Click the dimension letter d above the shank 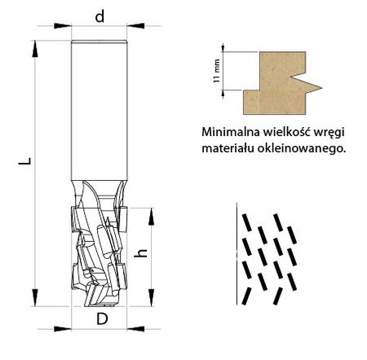99,17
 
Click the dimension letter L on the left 24,161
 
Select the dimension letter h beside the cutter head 140,253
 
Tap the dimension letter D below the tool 102,319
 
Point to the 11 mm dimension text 217,71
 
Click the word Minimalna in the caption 230,132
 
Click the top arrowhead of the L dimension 34,49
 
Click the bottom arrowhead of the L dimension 34,297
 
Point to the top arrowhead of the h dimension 151,217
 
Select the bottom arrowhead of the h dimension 151,298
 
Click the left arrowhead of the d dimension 63,26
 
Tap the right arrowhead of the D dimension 135,329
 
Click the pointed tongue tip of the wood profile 321,88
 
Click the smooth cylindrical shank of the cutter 99,110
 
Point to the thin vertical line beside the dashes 237,253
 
